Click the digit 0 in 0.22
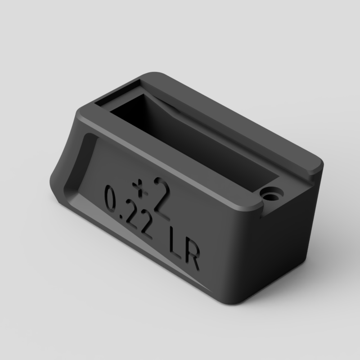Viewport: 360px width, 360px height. coord(111,199)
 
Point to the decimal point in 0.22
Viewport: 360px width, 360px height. coord(120,216)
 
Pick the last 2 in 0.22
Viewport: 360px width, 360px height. coord(144,226)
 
